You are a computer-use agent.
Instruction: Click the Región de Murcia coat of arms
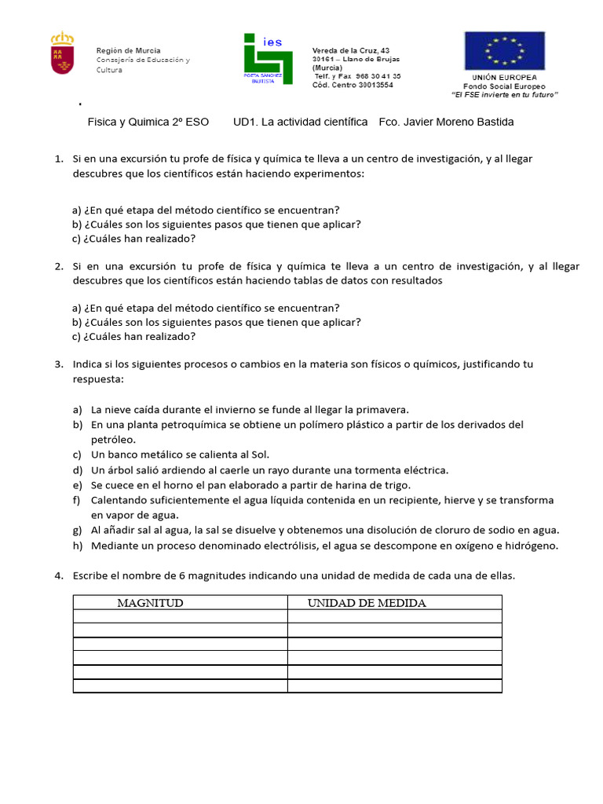(62, 53)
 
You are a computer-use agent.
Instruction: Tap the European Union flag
(504, 51)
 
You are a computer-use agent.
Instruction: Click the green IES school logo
(268, 59)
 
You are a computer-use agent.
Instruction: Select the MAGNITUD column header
(150, 603)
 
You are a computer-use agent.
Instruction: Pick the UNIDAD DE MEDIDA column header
(367, 603)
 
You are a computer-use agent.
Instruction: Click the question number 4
(59, 576)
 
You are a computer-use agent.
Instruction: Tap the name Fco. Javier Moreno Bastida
(446, 122)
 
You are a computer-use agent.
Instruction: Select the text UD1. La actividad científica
(301, 122)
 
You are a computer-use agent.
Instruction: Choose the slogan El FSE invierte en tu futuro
(504, 94)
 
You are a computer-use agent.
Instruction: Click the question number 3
(59, 364)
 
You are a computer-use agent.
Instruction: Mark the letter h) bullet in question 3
(77, 546)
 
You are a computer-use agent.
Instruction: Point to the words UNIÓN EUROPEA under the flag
(504, 78)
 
